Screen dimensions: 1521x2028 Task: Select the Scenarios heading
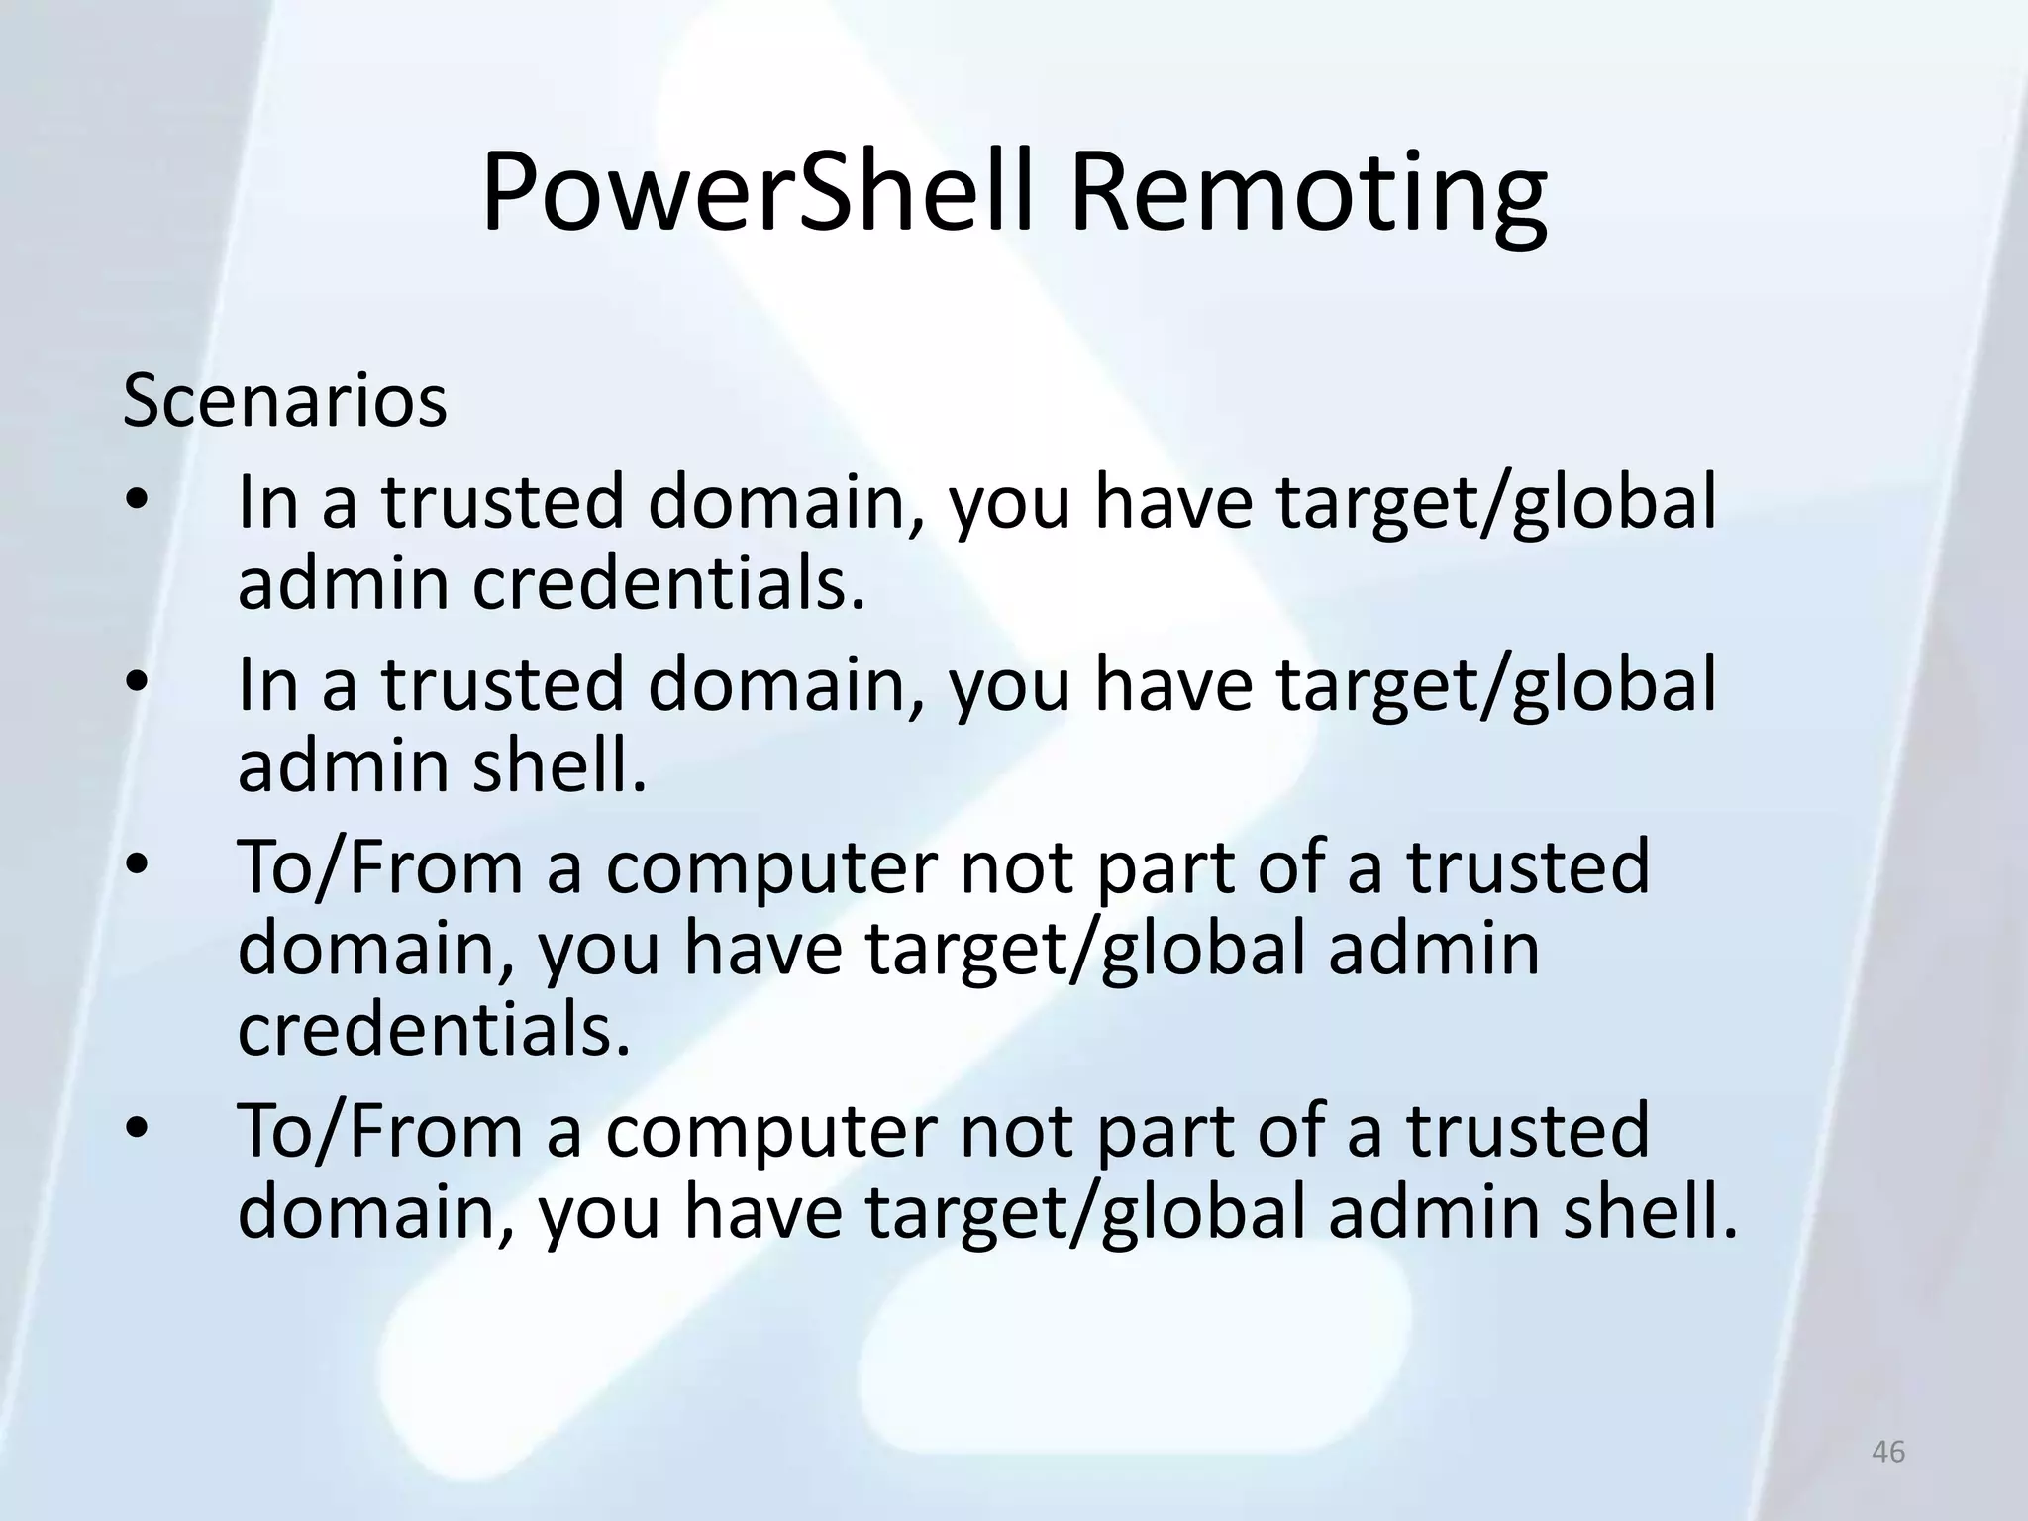click(x=285, y=401)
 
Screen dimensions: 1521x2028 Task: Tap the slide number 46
click(x=1888, y=1452)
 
